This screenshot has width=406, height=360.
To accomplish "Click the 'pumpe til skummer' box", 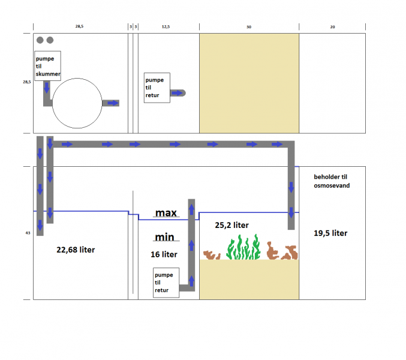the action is (x=47, y=66).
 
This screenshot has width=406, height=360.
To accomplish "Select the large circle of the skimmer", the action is (x=77, y=78).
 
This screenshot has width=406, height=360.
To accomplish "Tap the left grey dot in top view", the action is (x=40, y=40).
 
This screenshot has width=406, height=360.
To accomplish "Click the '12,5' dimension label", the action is (x=166, y=26).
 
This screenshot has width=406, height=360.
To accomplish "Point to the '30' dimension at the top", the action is (x=249, y=27).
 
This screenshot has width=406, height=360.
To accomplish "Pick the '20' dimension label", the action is (x=332, y=27).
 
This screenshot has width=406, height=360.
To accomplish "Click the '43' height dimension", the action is (x=28, y=233).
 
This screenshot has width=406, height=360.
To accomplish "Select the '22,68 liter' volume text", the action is (x=76, y=250).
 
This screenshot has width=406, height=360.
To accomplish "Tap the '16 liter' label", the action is (x=164, y=254).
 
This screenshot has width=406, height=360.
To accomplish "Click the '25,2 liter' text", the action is (x=231, y=225).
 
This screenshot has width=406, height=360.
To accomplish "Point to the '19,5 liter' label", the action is (x=330, y=233).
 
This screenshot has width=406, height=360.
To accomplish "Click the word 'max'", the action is (x=166, y=213).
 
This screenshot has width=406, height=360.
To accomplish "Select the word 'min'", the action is (x=165, y=237).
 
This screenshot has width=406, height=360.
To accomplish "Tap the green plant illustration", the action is (x=243, y=247).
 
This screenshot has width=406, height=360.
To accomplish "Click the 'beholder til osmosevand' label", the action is (x=332, y=181).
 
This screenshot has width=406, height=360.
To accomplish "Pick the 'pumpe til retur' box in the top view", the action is (x=157, y=88).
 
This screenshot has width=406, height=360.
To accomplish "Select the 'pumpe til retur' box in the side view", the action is (x=166, y=283).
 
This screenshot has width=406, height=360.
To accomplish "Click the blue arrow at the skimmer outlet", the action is (x=113, y=103).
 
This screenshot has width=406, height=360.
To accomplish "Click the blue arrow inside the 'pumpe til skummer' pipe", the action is (x=47, y=88).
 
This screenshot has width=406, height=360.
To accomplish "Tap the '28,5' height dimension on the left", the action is (x=26, y=82).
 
